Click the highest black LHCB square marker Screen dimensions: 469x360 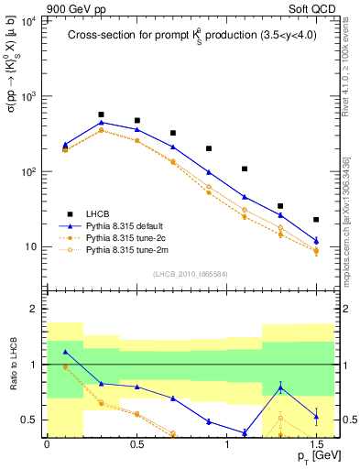point(101,115)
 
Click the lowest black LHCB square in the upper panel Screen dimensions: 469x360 point(316,220)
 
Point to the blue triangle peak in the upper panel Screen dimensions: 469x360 point(101,122)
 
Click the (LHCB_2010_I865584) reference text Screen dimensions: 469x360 point(191,274)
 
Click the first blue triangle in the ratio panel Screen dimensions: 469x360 point(65,352)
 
